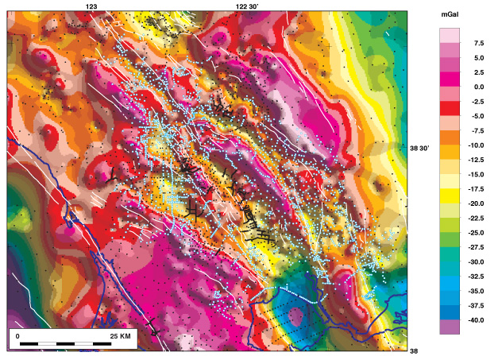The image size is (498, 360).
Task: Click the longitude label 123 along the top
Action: tap(91, 6)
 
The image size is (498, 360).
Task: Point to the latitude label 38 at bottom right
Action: tap(413, 350)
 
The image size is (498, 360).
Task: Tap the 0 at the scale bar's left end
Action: tap(18, 336)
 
